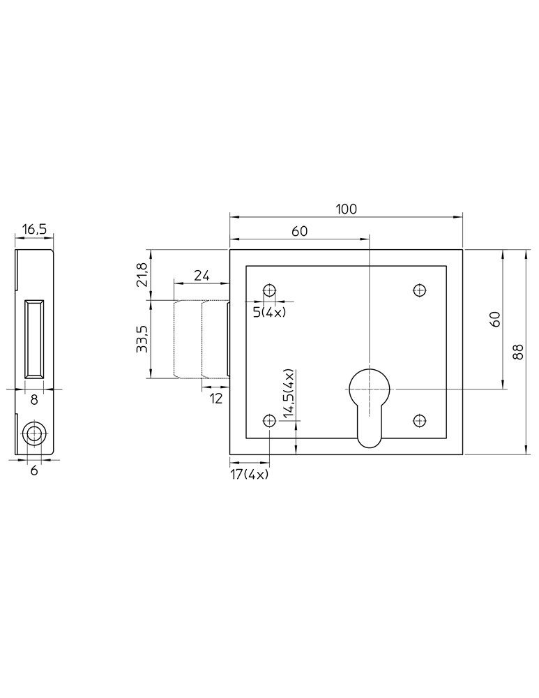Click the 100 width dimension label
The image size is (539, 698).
tap(346, 209)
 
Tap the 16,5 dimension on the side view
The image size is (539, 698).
tap(33, 229)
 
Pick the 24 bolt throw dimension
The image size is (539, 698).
tap(202, 276)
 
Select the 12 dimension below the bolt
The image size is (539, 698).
tap(215, 399)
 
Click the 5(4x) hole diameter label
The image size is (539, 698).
tap(269, 313)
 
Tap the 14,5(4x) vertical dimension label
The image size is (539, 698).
tap(289, 394)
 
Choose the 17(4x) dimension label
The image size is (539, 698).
tap(250, 475)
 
